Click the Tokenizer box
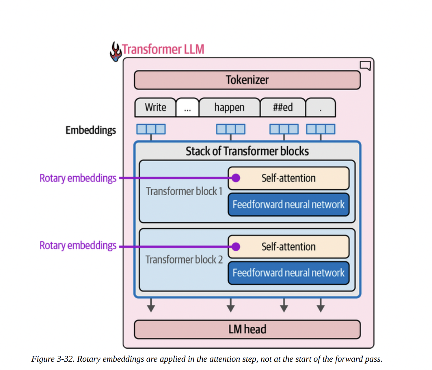click(247, 80)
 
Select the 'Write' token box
click(155, 108)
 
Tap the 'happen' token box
click(229, 108)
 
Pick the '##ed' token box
click(283, 108)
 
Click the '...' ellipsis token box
click(187, 108)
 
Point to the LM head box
click(247, 329)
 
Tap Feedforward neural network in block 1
click(288, 205)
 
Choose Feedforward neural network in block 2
click(288, 273)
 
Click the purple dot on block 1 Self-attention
click(236, 178)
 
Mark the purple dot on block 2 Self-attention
click(236, 247)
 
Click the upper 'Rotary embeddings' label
click(78, 178)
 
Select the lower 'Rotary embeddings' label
click(78, 245)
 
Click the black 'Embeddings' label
click(91, 130)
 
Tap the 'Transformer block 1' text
click(184, 191)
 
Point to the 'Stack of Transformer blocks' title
click(247, 151)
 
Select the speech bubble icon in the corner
click(365, 66)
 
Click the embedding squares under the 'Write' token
click(151, 129)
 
